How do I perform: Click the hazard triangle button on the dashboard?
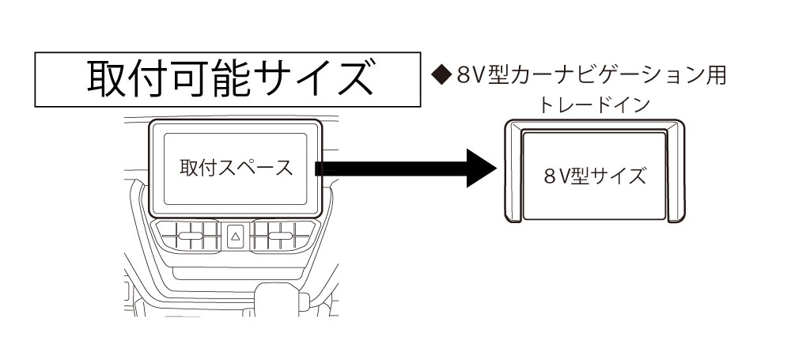[235, 236]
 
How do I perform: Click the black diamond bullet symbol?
[440, 76]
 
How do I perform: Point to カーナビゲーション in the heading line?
[601, 76]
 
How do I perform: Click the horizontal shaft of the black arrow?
[388, 168]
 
